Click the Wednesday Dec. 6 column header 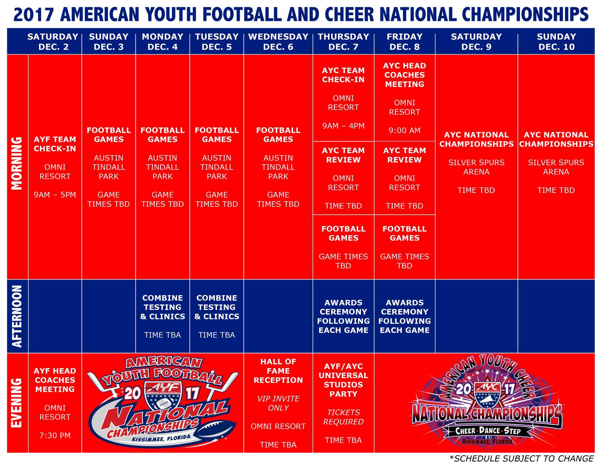coord(278,41)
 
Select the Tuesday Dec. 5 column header coord(217,41)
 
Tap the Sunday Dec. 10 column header coord(556,41)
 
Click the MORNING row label coord(17,163)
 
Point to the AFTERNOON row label coord(17,316)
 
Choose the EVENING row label coord(17,403)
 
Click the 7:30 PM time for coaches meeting coord(55,435)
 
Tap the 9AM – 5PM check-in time coord(55,195)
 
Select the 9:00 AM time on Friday coord(404,130)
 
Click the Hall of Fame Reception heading coord(278,371)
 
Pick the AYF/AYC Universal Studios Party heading coord(343,380)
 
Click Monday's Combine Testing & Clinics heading coord(163,307)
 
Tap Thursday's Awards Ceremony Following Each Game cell coord(343,316)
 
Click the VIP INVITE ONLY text coord(278,403)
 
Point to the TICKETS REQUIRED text coord(343,417)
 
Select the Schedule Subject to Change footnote coord(521,459)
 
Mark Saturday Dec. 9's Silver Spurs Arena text coord(476,167)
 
